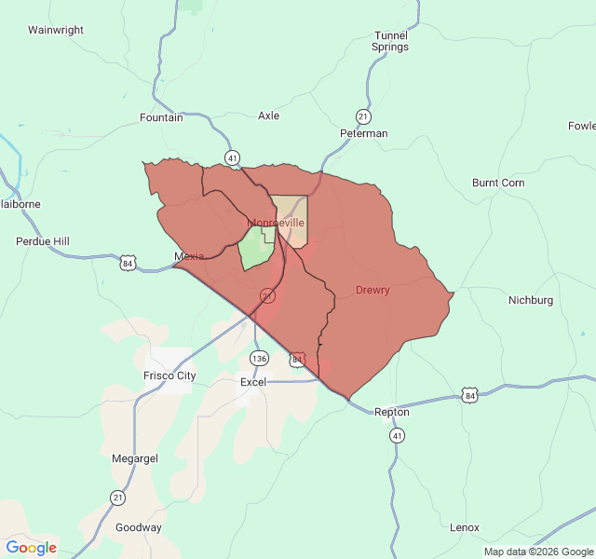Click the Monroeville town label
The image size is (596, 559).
(277, 224)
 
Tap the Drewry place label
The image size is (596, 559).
(372, 290)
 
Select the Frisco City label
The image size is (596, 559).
(169, 375)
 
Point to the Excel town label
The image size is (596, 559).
(253, 382)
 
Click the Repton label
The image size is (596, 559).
(392, 412)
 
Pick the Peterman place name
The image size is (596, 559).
(363, 133)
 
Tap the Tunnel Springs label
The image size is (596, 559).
(390, 41)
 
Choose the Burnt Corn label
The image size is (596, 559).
(498, 183)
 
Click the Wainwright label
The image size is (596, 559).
(56, 30)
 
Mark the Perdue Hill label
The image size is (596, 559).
(43, 241)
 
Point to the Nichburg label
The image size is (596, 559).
(531, 300)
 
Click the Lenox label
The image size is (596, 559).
(464, 527)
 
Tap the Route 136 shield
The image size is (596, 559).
(259, 359)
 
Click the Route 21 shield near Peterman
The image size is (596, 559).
(363, 116)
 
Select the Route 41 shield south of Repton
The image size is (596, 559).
(398, 435)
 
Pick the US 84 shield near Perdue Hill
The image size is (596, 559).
(128, 264)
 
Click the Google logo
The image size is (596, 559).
(32, 548)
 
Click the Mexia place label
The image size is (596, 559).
(189, 256)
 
